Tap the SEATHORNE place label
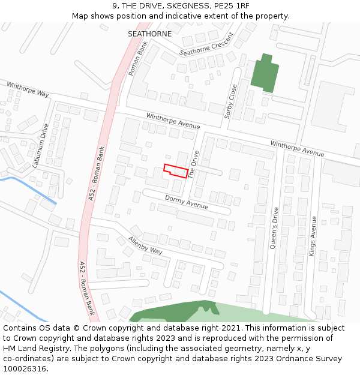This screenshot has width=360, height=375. click(x=149, y=34)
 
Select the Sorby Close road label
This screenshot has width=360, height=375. click(x=232, y=101)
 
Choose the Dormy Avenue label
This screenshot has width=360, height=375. click(x=186, y=202)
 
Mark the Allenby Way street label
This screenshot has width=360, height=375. click(x=145, y=245)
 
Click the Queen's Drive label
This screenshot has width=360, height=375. click(x=275, y=228)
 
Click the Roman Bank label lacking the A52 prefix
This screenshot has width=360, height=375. click(x=137, y=58)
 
